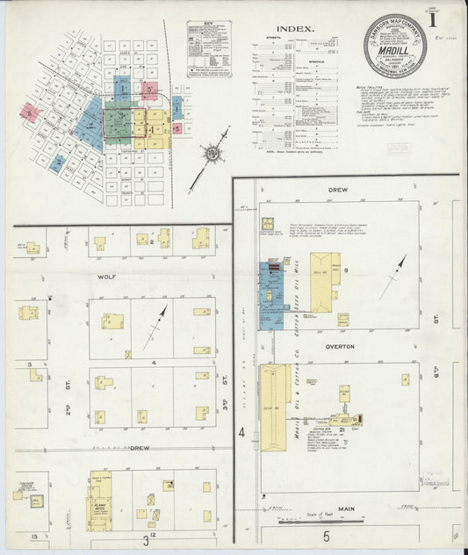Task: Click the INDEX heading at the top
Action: (296, 28)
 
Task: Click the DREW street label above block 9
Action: (338, 189)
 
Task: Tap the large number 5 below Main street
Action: (324, 535)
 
